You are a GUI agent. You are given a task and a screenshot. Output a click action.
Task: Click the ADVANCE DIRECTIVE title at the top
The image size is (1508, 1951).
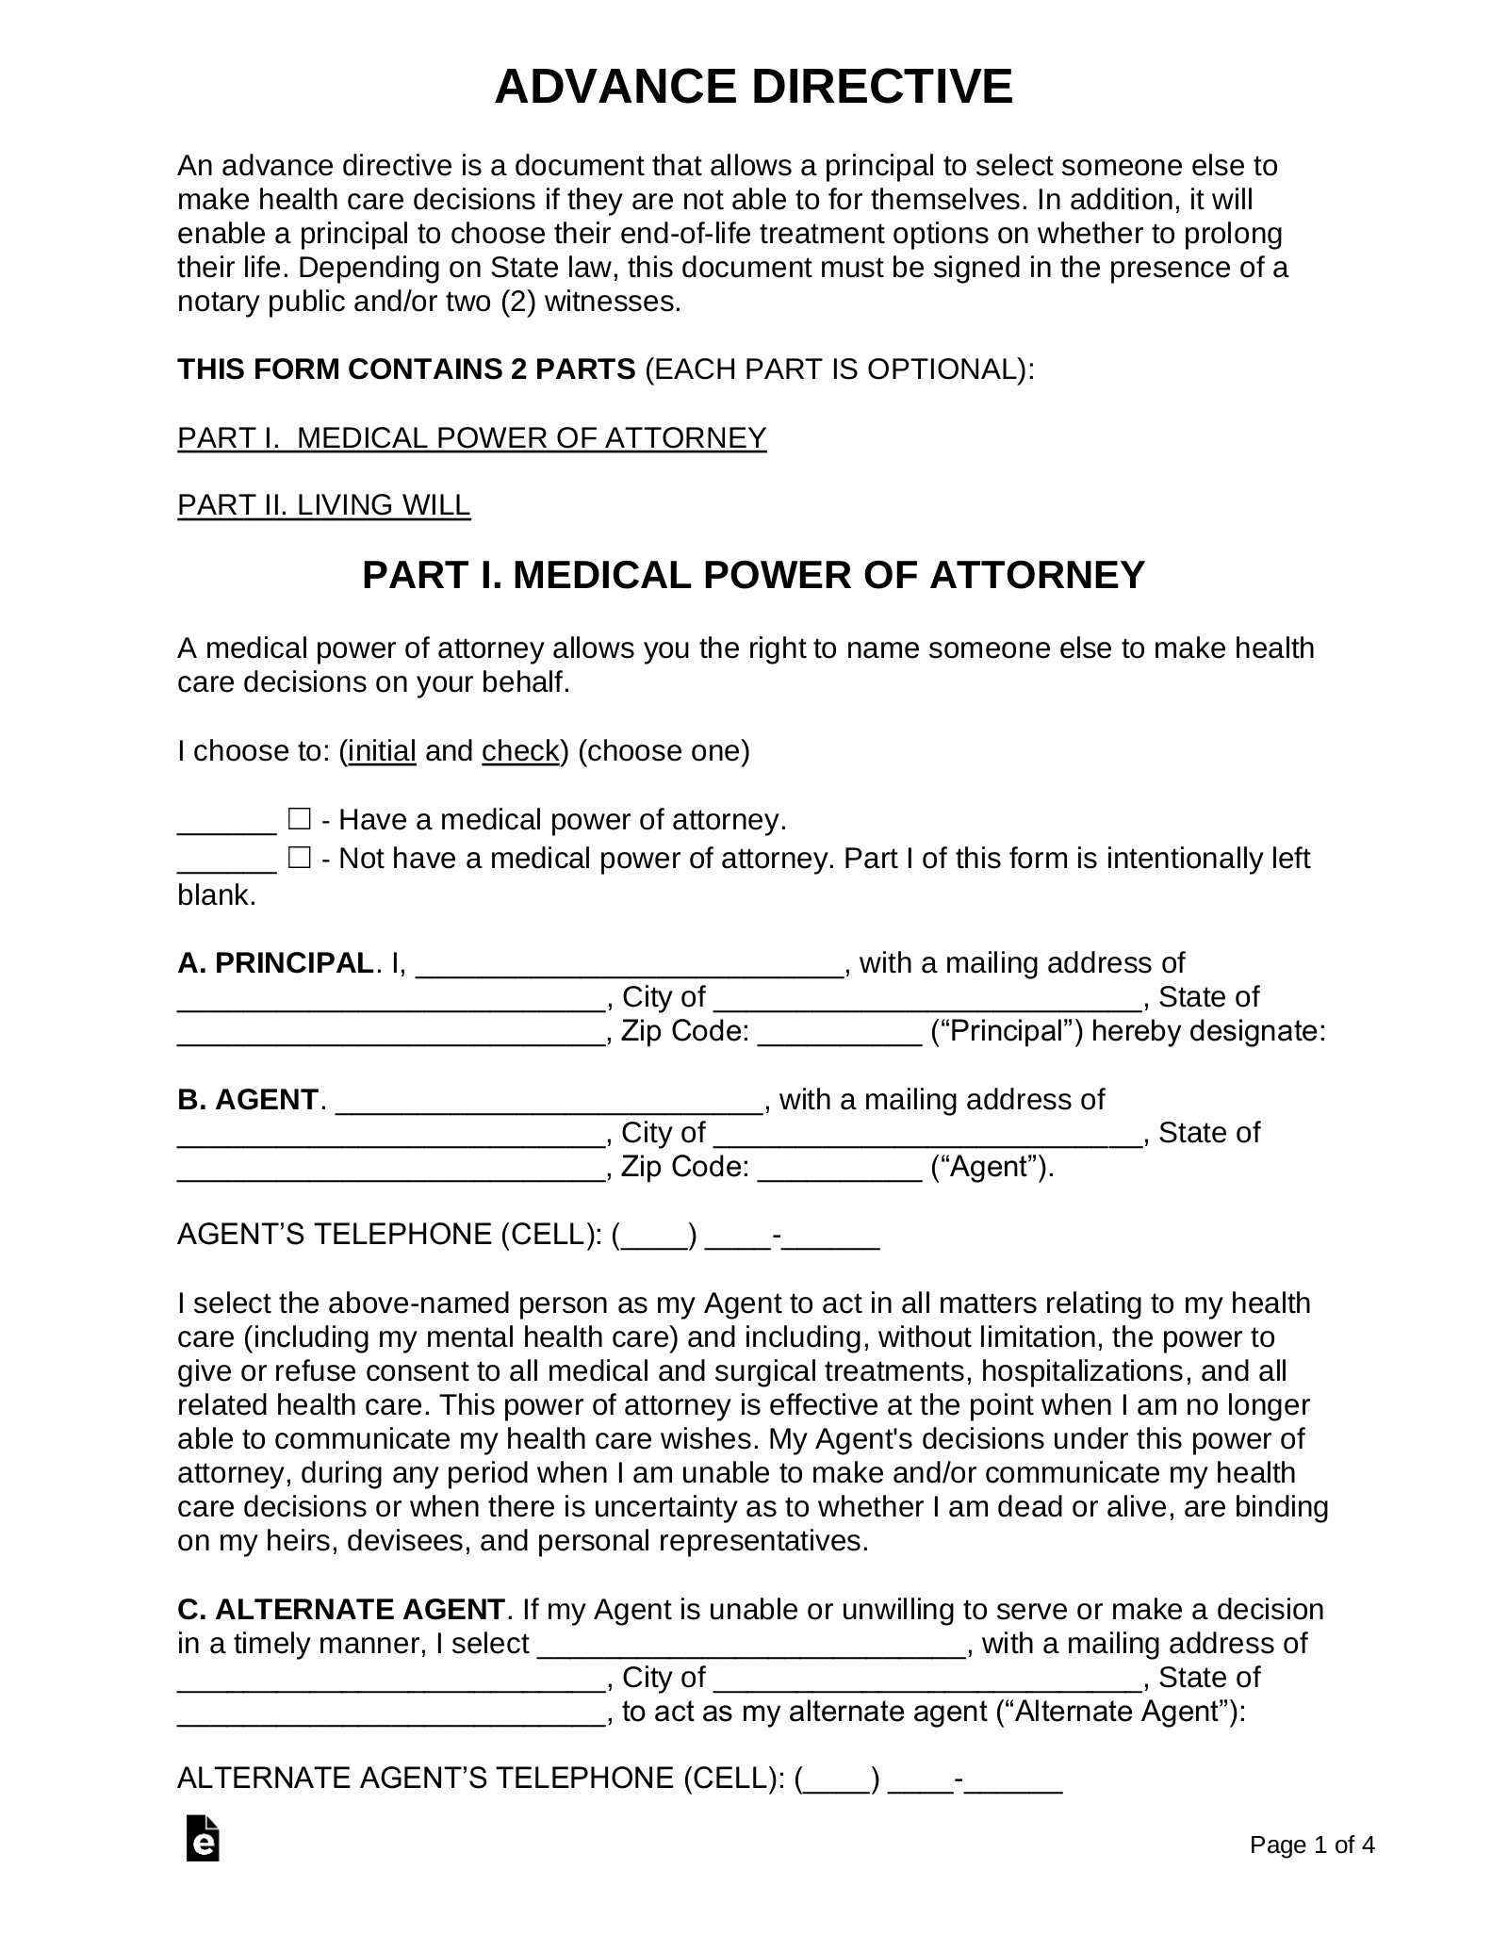pos(753,87)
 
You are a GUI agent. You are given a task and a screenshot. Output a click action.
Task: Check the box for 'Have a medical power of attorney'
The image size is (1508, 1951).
pos(299,818)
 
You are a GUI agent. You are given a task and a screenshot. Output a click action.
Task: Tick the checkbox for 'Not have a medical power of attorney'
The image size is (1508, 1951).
pos(299,858)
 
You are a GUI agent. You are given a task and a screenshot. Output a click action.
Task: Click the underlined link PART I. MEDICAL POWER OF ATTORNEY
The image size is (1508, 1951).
pos(471,437)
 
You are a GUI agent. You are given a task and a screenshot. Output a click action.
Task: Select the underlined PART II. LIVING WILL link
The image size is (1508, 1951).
pos(323,505)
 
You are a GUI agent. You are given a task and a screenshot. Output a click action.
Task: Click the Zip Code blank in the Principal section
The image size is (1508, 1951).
pos(839,1033)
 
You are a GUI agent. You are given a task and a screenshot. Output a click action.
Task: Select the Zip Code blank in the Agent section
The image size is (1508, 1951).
pos(839,1169)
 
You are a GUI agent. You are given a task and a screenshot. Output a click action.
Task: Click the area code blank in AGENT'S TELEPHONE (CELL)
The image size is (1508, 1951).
pos(654,1236)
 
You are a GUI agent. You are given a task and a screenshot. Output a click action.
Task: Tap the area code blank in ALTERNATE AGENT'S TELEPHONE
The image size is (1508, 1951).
pos(838,1779)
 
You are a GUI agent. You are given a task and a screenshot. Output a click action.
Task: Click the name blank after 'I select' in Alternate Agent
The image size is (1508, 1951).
pos(750,1645)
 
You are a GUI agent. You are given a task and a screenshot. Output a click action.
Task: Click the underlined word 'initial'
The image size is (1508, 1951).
pos(382,751)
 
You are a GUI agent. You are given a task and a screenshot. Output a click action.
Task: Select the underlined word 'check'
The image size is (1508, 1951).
pos(520,751)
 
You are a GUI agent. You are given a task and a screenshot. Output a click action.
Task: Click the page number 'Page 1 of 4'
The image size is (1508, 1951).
pos(1311,1871)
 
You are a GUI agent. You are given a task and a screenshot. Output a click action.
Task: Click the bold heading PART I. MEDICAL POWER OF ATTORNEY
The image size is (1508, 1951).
pos(753,575)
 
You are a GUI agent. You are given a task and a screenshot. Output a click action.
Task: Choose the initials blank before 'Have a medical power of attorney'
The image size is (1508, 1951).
pos(226,820)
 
